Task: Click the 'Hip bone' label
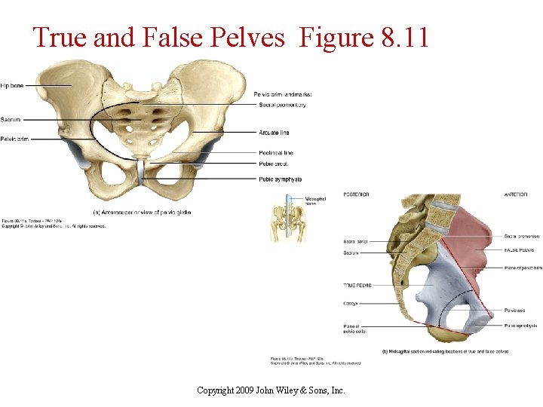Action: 12,86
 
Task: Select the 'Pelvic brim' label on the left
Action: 15,139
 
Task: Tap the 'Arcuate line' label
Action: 274,133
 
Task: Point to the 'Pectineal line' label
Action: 276,153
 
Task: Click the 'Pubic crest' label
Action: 273,164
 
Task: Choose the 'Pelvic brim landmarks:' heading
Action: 283,93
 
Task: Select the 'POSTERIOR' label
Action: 356,194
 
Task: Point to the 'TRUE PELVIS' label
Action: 358,285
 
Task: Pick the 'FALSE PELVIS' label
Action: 520,249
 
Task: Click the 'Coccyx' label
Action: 351,304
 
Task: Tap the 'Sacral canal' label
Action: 354,241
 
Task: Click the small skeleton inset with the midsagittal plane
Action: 284,219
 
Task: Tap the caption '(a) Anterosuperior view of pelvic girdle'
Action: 142,213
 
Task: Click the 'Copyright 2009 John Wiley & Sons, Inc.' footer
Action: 271,390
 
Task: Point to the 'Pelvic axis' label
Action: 516,309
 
